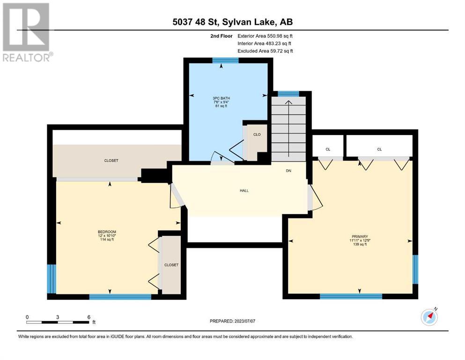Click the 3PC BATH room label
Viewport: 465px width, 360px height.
pyautogui.click(x=221, y=98)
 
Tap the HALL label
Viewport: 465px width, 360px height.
pyautogui.click(x=244, y=190)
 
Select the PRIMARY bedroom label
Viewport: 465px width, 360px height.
pyautogui.click(x=360, y=237)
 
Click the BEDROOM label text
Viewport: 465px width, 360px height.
pyautogui.click(x=107, y=232)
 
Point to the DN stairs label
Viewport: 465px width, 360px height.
pyautogui.click(x=288, y=171)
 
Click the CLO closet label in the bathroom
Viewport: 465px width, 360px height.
pyautogui.click(x=257, y=135)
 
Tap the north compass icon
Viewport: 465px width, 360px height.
pyautogui.click(x=429, y=316)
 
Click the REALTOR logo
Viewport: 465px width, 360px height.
pyautogui.click(x=27, y=32)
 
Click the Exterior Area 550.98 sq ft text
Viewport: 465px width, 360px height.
pyautogui.click(x=265, y=36)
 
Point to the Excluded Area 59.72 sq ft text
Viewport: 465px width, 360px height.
pyautogui.click(x=265, y=51)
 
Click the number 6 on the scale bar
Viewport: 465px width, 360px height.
pyautogui.click(x=89, y=317)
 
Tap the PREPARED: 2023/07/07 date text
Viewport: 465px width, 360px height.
pyautogui.click(x=232, y=321)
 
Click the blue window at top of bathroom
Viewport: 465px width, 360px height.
pyautogui.click(x=225, y=60)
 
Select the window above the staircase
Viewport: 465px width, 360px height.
pyautogui.click(x=288, y=94)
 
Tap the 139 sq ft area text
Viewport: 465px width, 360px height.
pyautogui.click(x=360, y=244)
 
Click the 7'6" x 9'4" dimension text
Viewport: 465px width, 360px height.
pyautogui.click(x=221, y=102)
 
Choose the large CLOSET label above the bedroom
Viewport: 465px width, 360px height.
pyautogui.click(x=111, y=160)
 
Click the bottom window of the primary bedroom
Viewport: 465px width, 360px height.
pyautogui.click(x=351, y=296)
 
